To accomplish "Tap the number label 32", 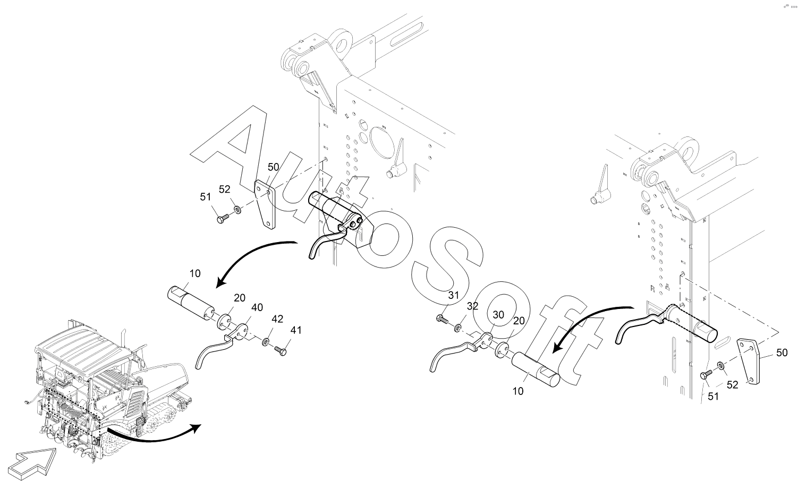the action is click(x=473, y=306).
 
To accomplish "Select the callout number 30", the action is click(x=498, y=314).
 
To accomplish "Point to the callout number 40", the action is click(x=257, y=307).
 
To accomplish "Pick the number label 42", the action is click(x=277, y=319).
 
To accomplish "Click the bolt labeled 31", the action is click(x=441, y=320).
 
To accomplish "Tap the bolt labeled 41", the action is click(x=281, y=350).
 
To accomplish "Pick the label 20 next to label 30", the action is click(x=519, y=321).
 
